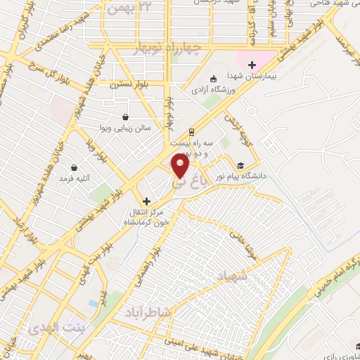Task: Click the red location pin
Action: point(181,166)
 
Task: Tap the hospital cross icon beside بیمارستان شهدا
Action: point(252,65)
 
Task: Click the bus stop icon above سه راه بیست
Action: point(191,131)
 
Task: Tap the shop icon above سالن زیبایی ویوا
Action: point(125,117)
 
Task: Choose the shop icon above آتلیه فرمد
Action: point(75,167)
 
